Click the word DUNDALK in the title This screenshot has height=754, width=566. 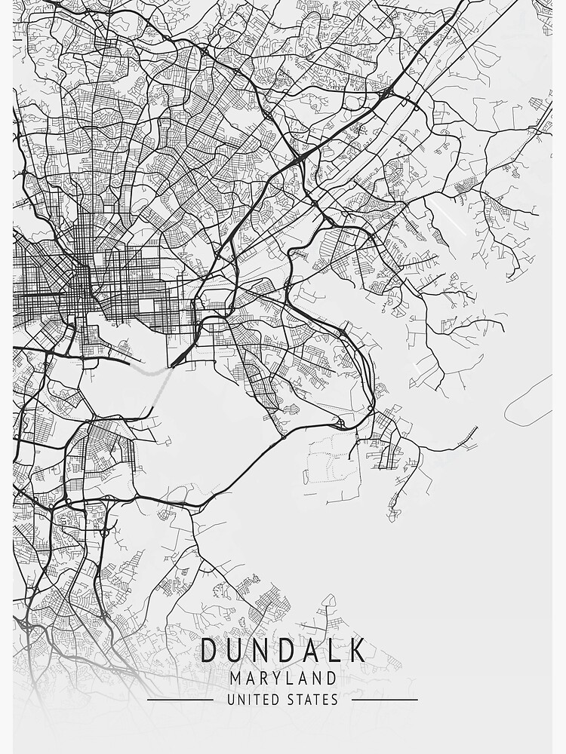pos(283,650)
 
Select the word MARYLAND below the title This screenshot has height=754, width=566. pos(283,678)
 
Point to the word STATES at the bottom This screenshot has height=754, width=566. pos(312,700)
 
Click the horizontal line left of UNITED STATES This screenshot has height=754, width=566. pos(180,700)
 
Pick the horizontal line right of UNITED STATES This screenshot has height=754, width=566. pos(385,700)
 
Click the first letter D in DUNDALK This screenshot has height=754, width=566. pos(211,650)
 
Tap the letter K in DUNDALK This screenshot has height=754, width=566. pos(358,650)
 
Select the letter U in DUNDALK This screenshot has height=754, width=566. pos(235,650)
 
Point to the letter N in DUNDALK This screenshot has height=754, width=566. pos(261,650)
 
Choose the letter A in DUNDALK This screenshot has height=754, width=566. pos(311,650)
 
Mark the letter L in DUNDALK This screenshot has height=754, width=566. pos(334,650)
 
